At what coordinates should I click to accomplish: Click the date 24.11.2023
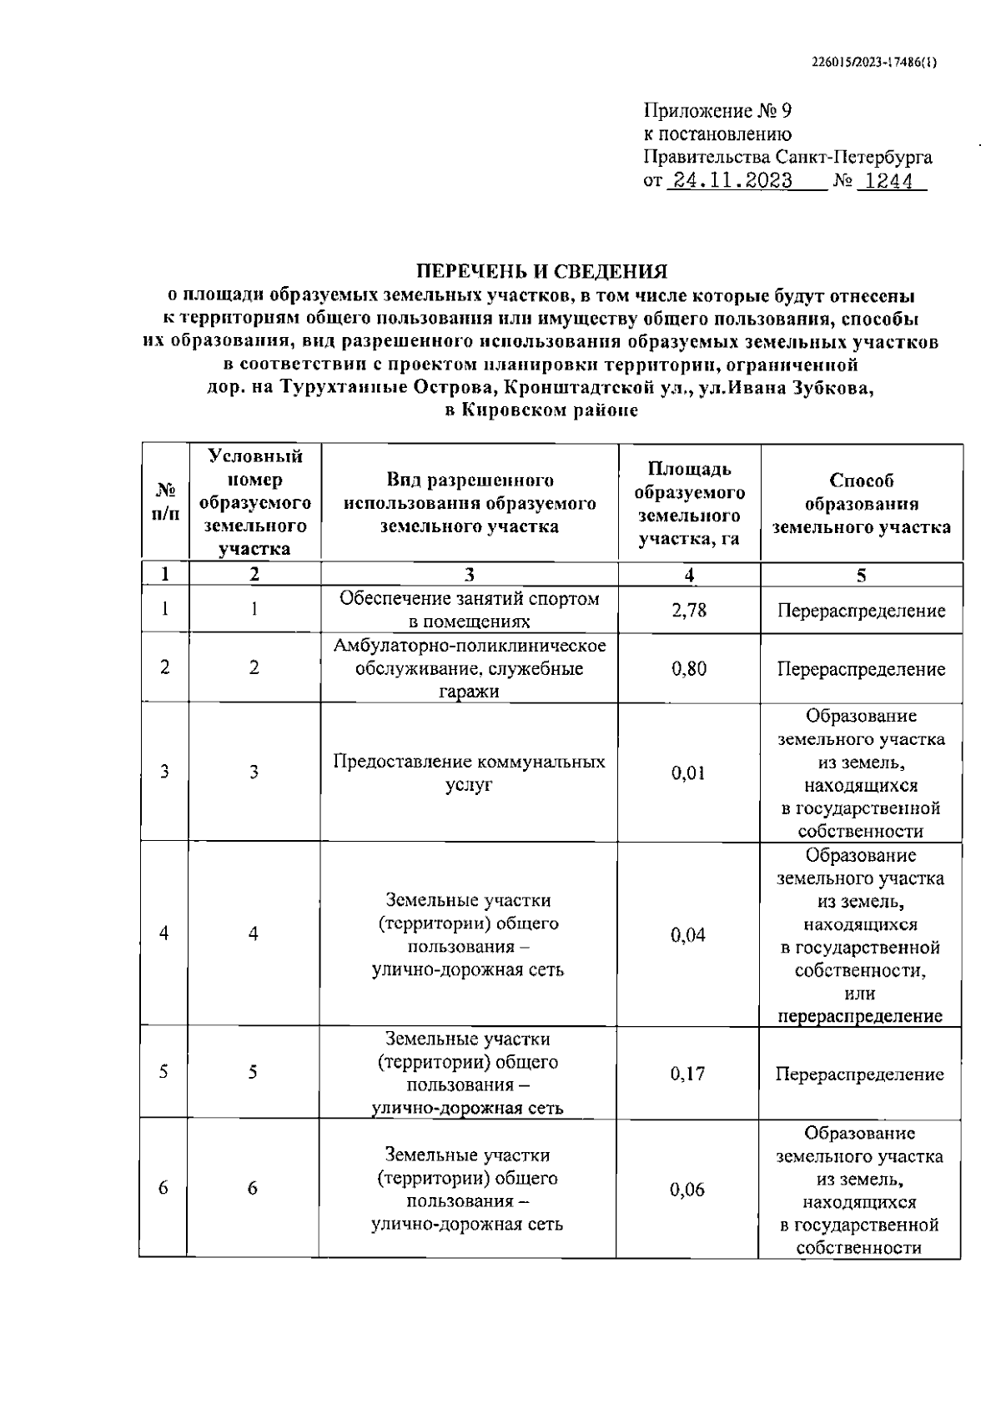pyautogui.click(x=732, y=181)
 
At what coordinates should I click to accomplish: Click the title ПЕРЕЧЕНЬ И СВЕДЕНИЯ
pyautogui.click(x=542, y=271)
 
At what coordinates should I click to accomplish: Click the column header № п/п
pyautogui.click(x=165, y=502)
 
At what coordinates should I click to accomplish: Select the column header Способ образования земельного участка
pyautogui.click(x=861, y=503)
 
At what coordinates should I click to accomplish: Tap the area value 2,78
pyautogui.click(x=689, y=610)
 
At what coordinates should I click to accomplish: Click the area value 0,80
pyautogui.click(x=689, y=668)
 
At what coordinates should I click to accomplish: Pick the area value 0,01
pyautogui.click(x=688, y=772)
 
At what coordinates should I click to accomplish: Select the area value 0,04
pyautogui.click(x=688, y=934)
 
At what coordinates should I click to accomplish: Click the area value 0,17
pyautogui.click(x=688, y=1074)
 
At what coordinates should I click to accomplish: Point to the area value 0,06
pyautogui.click(x=687, y=1190)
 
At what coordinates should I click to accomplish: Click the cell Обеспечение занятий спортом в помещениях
pyautogui.click(x=469, y=610)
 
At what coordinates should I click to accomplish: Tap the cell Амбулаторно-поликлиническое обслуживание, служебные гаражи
pyautogui.click(x=469, y=668)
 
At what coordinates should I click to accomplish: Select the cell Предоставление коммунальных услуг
pyautogui.click(x=469, y=772)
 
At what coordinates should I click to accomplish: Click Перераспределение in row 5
pyautogui.click(x=859, y=1074)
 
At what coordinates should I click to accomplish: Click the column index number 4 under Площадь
pyautogui.click(x=689, y=574)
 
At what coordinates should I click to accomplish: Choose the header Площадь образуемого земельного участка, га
pyautogui.click(x=689, y=503)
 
